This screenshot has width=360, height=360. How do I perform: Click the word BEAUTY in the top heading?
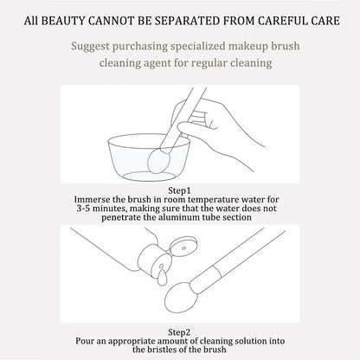(63, 21)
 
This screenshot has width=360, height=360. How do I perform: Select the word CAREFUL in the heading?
(282, 21)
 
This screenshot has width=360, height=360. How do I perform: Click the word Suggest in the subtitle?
(90, 47)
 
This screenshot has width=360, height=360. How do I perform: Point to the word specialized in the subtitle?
(198, 46)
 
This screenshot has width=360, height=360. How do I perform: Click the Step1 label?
(179, 190)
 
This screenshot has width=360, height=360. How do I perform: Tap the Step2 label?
(179, 332)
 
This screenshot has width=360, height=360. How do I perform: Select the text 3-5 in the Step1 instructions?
(83, 209)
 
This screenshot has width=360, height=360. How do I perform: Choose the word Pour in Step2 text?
(85, 341)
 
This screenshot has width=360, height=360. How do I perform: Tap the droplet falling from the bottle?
(162, 278)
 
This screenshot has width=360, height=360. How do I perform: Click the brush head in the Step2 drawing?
(178, 297)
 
